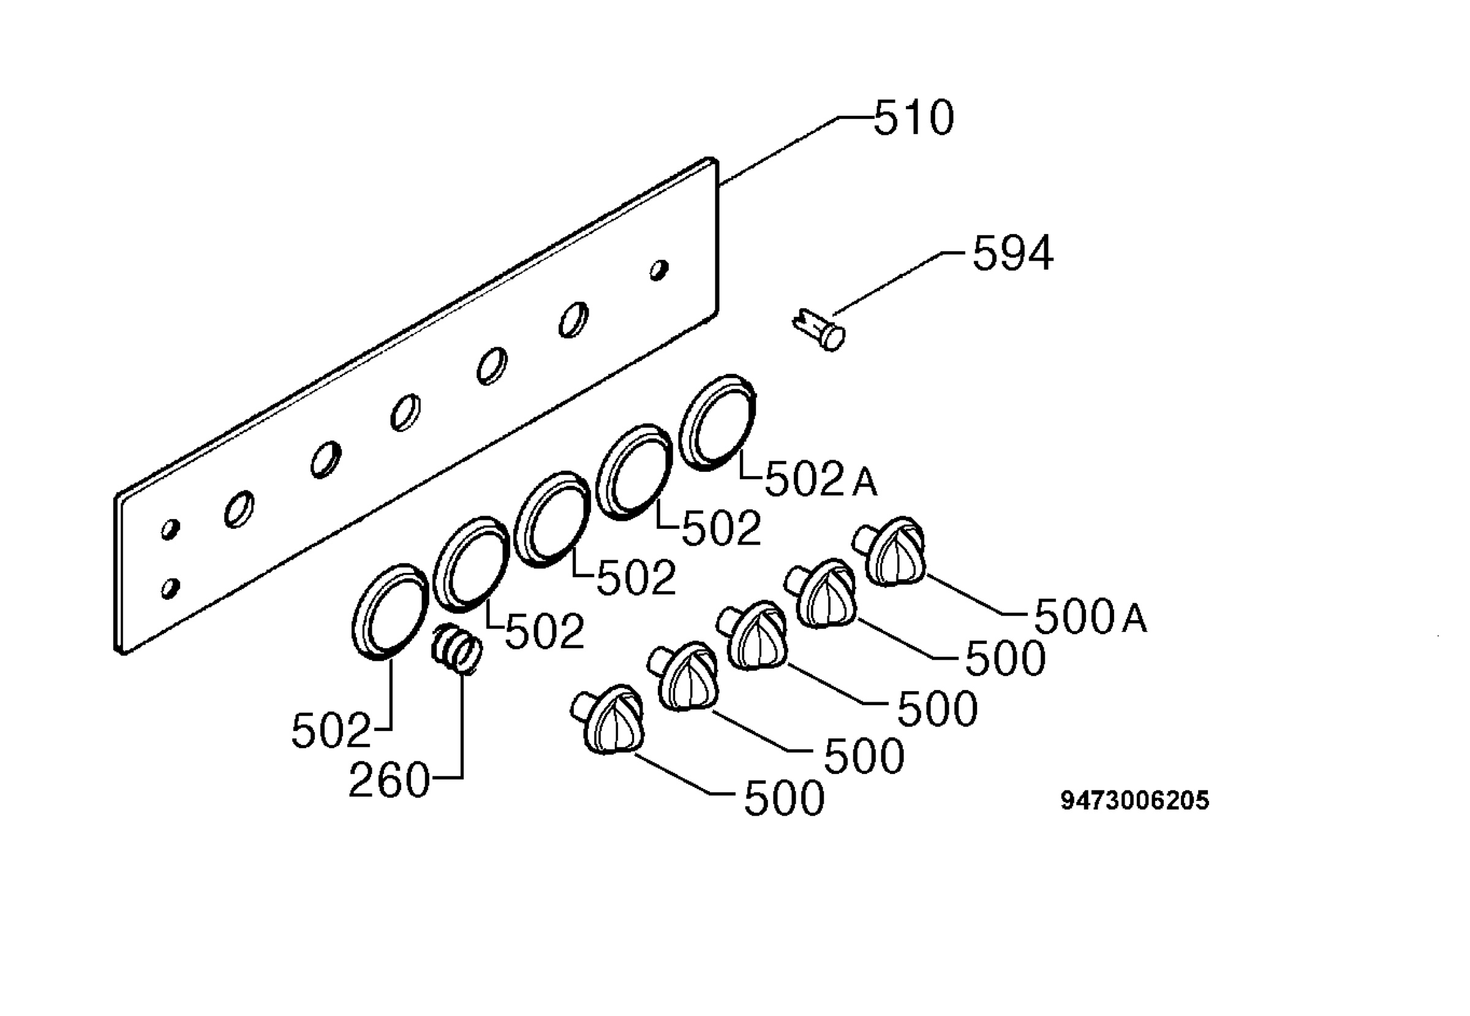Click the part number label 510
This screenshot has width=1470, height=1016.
[x=914, y=118]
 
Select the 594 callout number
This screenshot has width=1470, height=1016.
[x=1012, y=253]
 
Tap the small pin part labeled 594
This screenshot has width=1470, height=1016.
[x=820, y=329]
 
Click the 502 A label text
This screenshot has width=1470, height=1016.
[x=821, y=479]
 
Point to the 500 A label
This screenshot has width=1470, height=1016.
[x=1090, y=617]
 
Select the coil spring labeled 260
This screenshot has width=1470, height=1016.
[x=456, y=649]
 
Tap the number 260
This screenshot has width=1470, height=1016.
[x=390, y=781]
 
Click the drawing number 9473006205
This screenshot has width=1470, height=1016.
[x=1134, y=801]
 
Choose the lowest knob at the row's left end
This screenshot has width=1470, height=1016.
[x=608, y=720]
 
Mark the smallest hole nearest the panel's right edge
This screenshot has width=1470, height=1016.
[x=658, y=270]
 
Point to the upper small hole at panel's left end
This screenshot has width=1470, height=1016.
[x=170, y=529]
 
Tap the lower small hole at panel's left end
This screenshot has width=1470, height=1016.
[x=170, y=588]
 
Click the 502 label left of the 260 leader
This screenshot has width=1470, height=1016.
[x=331, y=731]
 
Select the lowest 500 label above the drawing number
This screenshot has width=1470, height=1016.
[x=784, y=798]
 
